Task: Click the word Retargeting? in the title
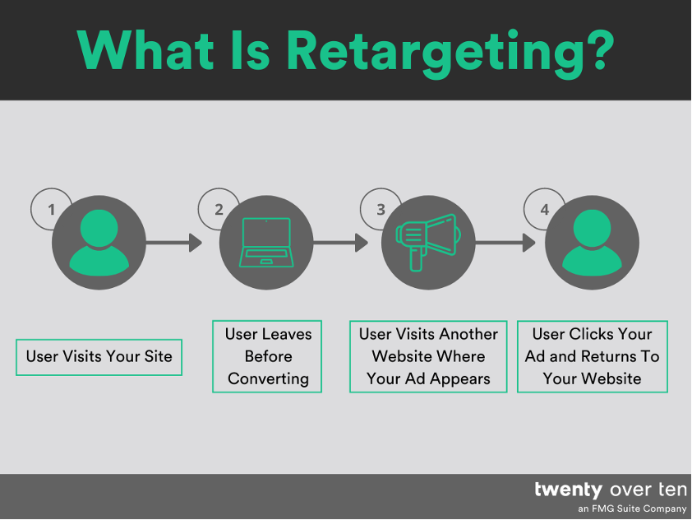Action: click(450, 51)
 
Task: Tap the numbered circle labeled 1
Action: click(51, 210)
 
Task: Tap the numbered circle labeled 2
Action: click(219, 210)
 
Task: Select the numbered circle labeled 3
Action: click(381, 210)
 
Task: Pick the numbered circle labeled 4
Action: click(544, 210)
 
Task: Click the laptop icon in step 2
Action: click(265, 243)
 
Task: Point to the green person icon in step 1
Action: click(99, 243)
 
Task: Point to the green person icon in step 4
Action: click(592, 243)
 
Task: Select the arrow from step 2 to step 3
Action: click(340, 243)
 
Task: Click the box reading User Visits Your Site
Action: click(99, 357)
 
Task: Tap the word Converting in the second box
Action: click(268, 379)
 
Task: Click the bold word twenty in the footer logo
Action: click(568, 490)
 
